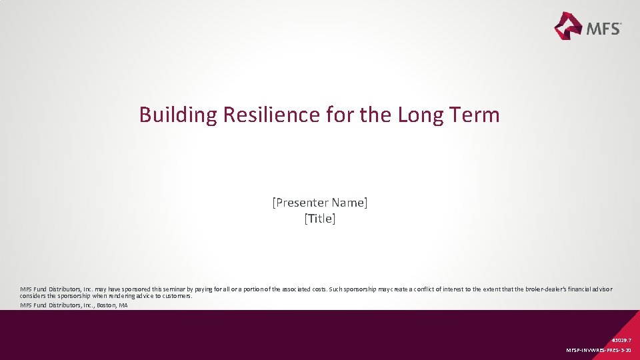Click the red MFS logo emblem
click(569, 25)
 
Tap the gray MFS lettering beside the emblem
click(603, 28)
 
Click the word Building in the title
click(178, 115)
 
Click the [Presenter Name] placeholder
click(319, 202)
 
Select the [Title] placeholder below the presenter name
click(319, 219)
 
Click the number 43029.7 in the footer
click(621, 339)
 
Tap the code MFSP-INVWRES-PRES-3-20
click(598, 350)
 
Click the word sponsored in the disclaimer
click(133, 289)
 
